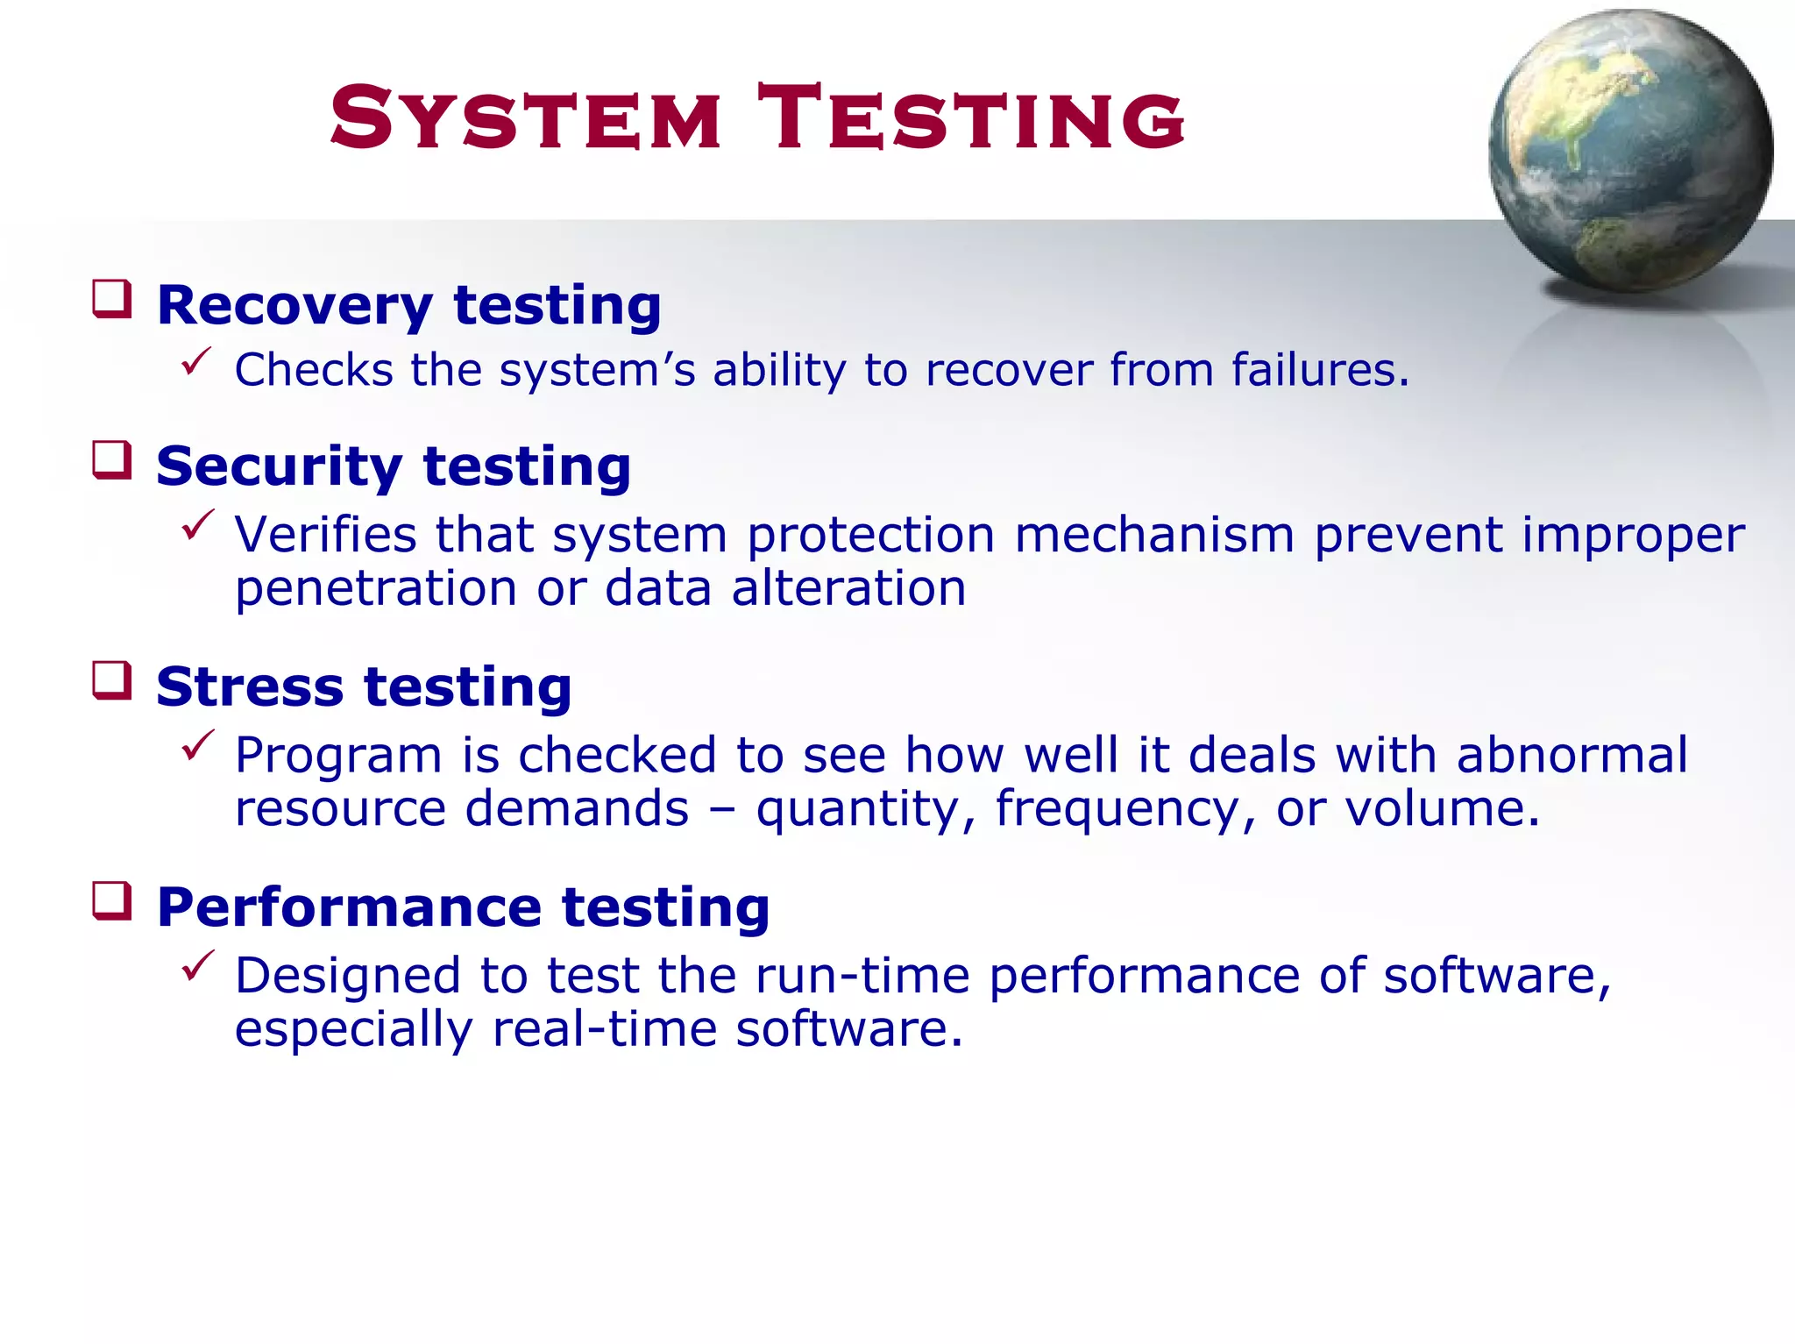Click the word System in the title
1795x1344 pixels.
526,118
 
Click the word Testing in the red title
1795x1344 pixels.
971,118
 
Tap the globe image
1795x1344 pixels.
1630,151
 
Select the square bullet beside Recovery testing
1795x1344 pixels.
112,299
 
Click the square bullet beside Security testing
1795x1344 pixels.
112,460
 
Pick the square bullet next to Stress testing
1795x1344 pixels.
112,681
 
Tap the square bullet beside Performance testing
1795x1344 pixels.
112,901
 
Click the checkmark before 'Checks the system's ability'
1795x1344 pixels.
197,361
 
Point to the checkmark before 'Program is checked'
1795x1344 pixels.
197,745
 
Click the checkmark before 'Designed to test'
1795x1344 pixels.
197,965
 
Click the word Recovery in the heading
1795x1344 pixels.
294,306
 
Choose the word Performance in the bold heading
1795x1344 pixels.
349,907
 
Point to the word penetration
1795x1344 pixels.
376,588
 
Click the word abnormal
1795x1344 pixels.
1572,755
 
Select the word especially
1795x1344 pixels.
353,1029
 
